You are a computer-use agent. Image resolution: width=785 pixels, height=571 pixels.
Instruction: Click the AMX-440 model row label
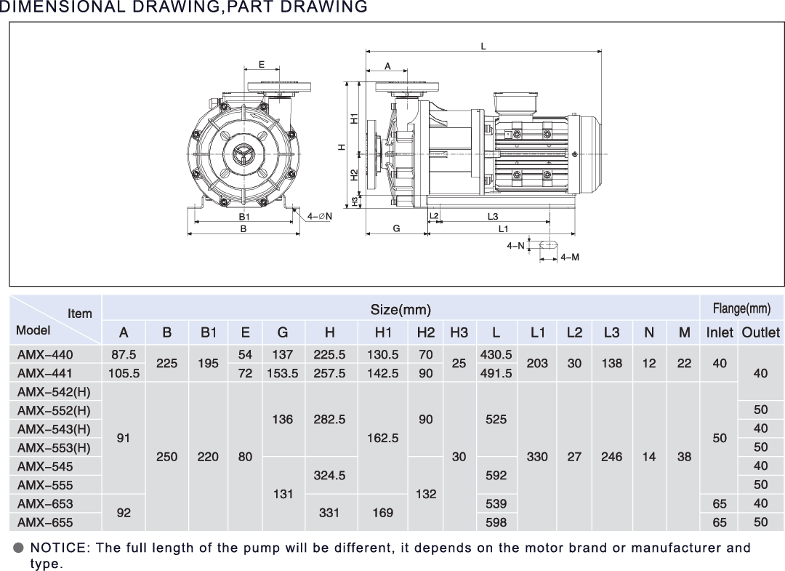tap(45, 355)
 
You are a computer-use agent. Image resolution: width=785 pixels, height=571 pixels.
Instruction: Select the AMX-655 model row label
tap(45, 522)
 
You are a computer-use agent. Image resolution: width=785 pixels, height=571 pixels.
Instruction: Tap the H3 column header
tap(459, 332)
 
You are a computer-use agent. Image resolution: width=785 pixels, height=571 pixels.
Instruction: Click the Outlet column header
tap(760, 332)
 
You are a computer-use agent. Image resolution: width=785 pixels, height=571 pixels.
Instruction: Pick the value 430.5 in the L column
tap(496, 355)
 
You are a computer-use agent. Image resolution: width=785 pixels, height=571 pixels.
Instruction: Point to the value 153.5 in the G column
tap(282, 373)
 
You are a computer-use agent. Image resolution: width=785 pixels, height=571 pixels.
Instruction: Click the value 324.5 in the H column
tap(329, 475)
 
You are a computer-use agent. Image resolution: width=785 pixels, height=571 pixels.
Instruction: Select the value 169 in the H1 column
tap(383, 513)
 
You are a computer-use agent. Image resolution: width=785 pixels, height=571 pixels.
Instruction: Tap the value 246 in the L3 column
tap(611, 457)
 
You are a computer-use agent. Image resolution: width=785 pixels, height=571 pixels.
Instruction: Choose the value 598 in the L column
tap(496, 522)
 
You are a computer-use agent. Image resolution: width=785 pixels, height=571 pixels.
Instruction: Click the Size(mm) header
tap(400, 310)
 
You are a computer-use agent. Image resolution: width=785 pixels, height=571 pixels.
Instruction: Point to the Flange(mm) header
tap(741, 308)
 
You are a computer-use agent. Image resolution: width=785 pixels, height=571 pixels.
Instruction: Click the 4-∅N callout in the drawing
tap(319, 216)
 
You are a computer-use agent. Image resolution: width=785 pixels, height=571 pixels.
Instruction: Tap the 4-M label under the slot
tap(570, 257)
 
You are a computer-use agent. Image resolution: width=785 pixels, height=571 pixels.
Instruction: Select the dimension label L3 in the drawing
tap(493, 216)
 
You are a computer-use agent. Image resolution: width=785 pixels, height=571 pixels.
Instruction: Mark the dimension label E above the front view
tap(262, 65)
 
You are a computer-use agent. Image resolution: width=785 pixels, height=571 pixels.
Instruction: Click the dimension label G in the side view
tap(396, 228)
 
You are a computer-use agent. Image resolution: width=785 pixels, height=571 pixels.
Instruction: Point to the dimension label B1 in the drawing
tap(243, 217)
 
